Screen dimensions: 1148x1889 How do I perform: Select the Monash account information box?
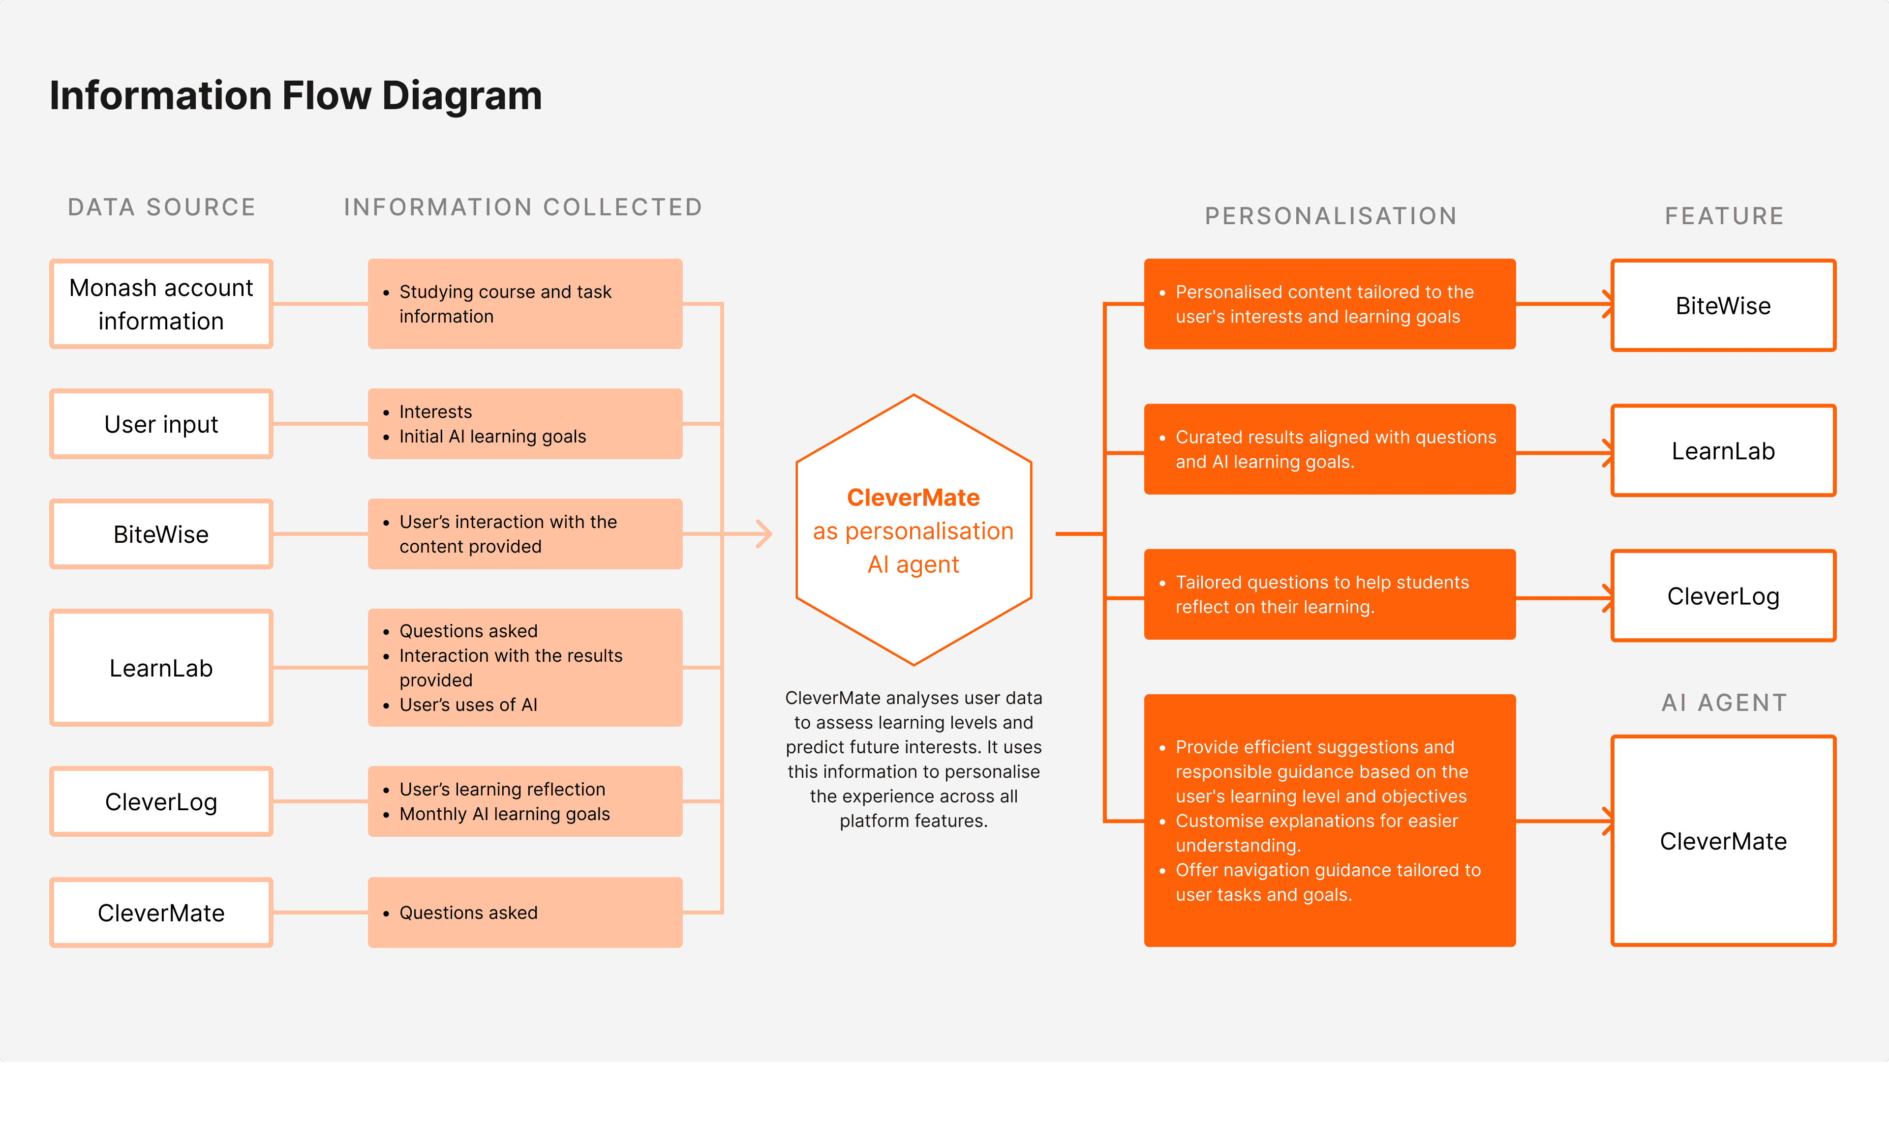[161, 304]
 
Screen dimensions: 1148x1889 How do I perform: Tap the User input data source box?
[161, 424]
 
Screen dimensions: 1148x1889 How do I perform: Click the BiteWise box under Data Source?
[161, 534]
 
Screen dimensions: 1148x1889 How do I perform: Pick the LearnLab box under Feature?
[1723, 451]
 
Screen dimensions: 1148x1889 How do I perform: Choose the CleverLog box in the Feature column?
[1723, 596]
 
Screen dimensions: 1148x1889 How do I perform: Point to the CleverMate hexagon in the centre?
[913, 530]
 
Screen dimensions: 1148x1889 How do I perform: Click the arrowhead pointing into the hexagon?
[763, 534]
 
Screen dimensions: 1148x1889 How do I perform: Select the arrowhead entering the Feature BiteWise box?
[1607, 304]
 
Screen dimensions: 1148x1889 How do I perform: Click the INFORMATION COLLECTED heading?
[523, 207]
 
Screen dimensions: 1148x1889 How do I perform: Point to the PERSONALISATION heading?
[1331, 216]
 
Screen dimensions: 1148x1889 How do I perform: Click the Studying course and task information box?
[525, 304]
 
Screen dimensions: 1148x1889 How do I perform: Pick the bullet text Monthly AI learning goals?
[504, 814]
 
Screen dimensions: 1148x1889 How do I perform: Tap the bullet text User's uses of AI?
[468, 705]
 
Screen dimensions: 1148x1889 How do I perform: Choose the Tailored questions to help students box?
[1329, 595]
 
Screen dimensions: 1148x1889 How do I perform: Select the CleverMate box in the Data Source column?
[161, 913]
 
